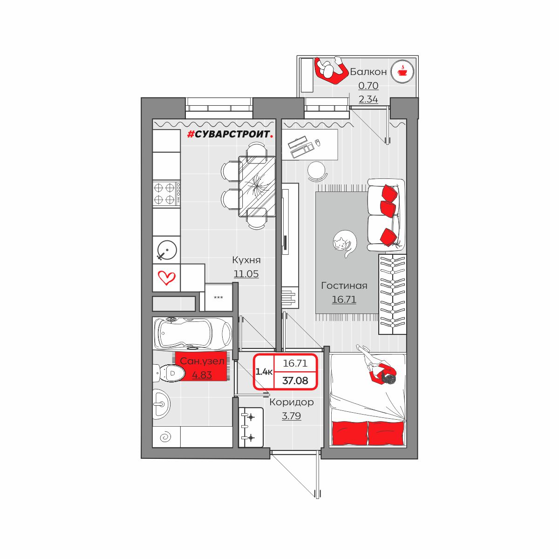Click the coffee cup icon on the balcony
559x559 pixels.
tap(402, 71)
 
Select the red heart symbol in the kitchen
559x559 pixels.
tap(166, 278)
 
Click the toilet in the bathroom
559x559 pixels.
tap(169, 373)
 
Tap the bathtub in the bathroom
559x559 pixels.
tap(193, 334)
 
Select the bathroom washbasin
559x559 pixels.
tap(161, 404)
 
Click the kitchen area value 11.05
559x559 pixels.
tap(246, 273)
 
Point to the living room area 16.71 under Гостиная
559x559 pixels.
tap(344, 299)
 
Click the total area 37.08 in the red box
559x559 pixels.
tap(295, 381)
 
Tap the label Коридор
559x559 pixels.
tap(291, 402)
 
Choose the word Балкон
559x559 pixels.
tap(368, 72)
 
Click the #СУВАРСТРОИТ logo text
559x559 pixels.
tap(230, 134)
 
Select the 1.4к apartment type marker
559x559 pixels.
tap(264, 372)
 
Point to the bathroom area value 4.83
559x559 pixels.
tap(202, 375)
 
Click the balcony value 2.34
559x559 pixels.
tap(368, 99)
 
